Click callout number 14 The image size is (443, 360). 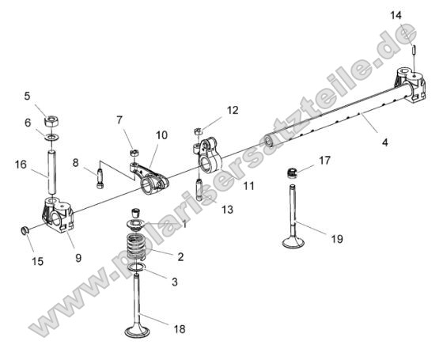pyautogui.click(x=418, y=15)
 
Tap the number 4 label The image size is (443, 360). pyautogui.click(x=385, y=143)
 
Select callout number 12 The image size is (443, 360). pyautogui.click(x=232, y=110)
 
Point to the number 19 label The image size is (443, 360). pyautogui.click(x=337, y=238)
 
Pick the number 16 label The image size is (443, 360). pyautogui.click(x=21, y=165)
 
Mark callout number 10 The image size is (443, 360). pyautogui.click(x=161, y=136)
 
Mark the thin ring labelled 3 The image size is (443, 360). pyautogui.click(x=138, y=270)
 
